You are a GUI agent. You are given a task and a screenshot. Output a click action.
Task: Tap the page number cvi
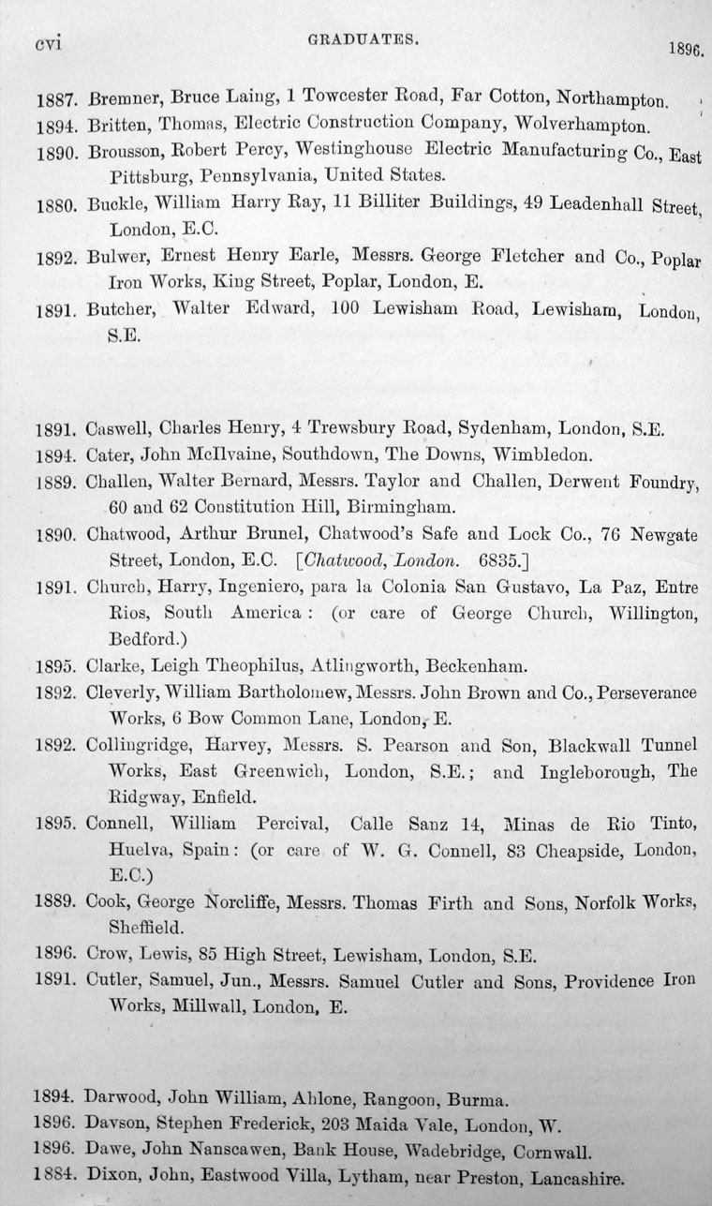tap(47, 43)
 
